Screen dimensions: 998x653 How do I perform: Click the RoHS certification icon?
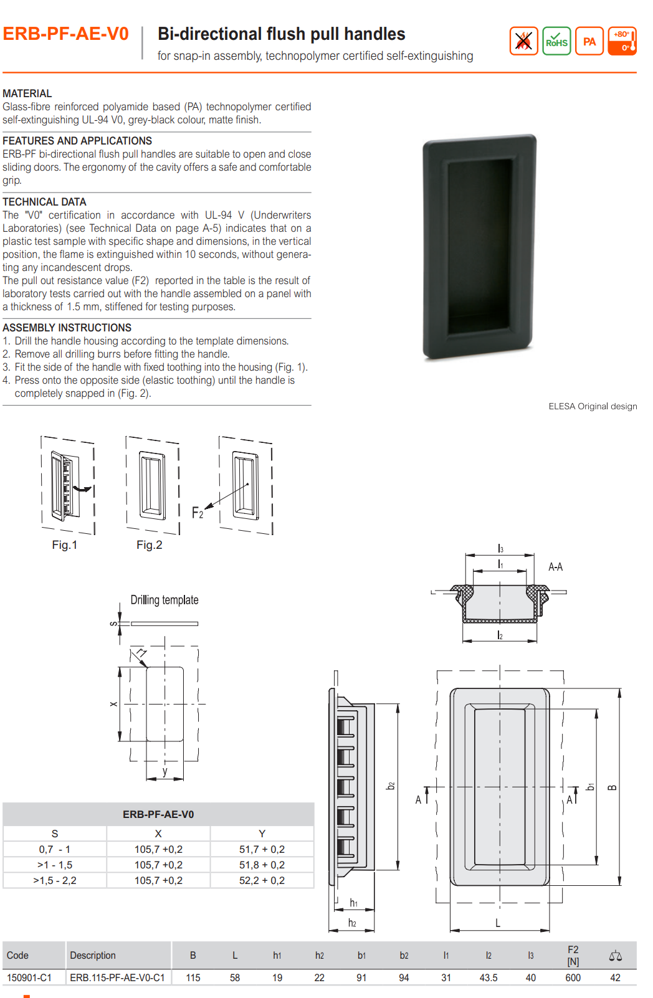[x=556, y=41]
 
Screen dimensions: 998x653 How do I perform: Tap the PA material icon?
[x=589, y=41]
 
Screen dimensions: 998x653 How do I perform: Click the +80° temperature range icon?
[x=622, y=41]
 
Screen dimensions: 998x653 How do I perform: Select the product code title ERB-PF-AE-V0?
[x=66, y=34]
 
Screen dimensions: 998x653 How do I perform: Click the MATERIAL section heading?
[x=27, y=93]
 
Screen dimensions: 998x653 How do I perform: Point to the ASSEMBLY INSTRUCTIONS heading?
[x=67, y=328]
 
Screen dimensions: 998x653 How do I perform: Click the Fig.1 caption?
[x=65, y=545]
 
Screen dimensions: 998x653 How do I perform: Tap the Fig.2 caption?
[x=150, y=545]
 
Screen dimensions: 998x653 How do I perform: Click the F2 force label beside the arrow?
[x=198, y=513]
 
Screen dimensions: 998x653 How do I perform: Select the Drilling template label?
[x=164, y=600]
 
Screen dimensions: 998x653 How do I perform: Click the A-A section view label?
[x=555, y=567]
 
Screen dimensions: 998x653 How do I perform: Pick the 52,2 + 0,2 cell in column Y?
[x=262, y=880]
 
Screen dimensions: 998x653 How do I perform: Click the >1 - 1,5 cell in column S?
[x=55, y=865]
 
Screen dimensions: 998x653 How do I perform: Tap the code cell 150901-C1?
[x=29, y=977]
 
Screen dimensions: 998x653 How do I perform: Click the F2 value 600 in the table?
[x=573, y=977]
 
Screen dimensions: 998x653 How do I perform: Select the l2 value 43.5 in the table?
[x=489, y=977]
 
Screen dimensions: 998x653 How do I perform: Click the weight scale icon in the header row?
[x=615, y=956]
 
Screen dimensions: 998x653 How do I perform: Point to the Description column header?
[x=93, y=956]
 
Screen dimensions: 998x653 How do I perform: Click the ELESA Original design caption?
[x=593, y=406]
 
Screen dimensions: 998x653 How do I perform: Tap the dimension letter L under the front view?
[x=498, y=923]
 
